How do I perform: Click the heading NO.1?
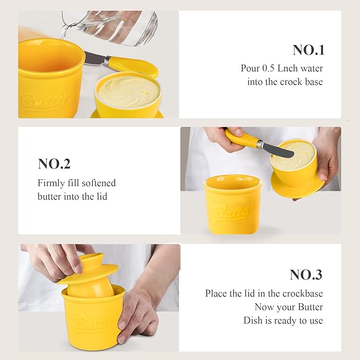(308, 50)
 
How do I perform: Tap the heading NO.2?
(54, 164)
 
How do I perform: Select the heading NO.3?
(306, 275)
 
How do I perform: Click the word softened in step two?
(99, 183)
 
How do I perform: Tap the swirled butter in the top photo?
(129, 91)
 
